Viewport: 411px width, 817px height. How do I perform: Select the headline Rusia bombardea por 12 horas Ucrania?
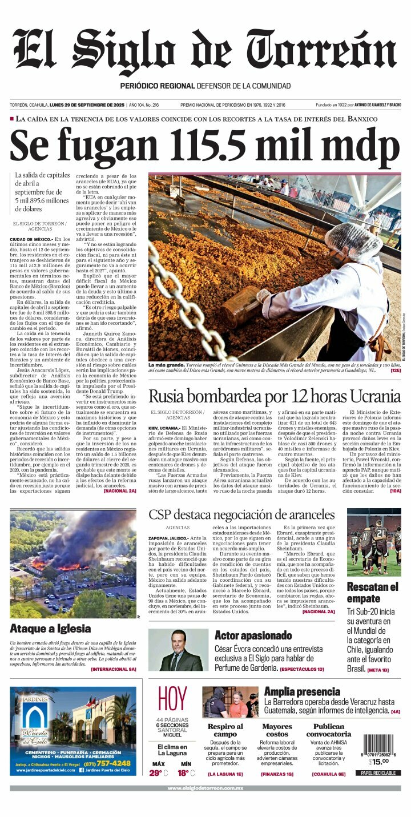coord(275,396)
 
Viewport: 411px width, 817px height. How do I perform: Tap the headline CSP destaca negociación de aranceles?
coord(241,514)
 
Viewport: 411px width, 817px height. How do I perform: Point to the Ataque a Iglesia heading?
coord(50,629)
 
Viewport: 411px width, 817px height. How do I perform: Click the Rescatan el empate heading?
coord(373,593)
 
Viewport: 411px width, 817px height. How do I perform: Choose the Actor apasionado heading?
coord(253,635)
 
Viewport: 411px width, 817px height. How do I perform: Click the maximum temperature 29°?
coord(156,773)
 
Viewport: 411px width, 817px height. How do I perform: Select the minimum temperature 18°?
coord(183,773)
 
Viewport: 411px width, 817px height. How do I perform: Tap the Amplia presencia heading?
coord(302,691)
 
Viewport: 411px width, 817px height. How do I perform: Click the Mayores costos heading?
coord(277,730)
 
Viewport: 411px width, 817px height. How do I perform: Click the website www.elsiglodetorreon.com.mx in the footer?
coord(205,788)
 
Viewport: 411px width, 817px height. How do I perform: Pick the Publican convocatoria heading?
coord(329,730)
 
